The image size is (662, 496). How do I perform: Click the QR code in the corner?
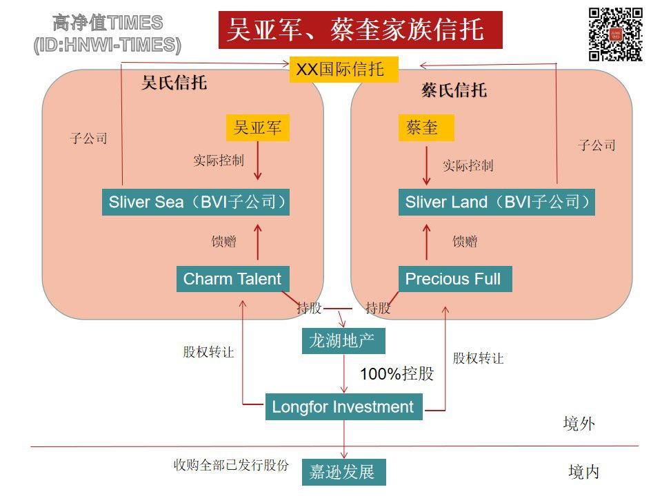pos(615,34)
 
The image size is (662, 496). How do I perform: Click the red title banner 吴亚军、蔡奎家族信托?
pos(360,30)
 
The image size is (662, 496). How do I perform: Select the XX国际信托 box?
pos(343,69)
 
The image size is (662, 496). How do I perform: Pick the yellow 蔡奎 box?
pos(426,127)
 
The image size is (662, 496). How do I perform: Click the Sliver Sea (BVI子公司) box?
pos(196,203)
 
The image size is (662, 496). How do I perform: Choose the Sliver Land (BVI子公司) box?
pos(496,203)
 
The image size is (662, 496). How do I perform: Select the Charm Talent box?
pos(232,279)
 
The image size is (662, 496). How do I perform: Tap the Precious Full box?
pos(454,279)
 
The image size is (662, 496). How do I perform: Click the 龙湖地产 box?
pos(343,340)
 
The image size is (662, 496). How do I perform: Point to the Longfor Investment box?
pos(343,406)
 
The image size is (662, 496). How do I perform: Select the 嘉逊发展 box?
pos(343,473)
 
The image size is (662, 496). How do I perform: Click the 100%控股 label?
pos(397,374)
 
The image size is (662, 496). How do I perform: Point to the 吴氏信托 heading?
pos(174,83)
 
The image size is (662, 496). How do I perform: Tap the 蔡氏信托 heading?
pos(454,90)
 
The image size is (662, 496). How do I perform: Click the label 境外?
pos(579,424)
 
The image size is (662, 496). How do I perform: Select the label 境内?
pos(583,472)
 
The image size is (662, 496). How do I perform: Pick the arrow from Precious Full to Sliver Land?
pos(426,242)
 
